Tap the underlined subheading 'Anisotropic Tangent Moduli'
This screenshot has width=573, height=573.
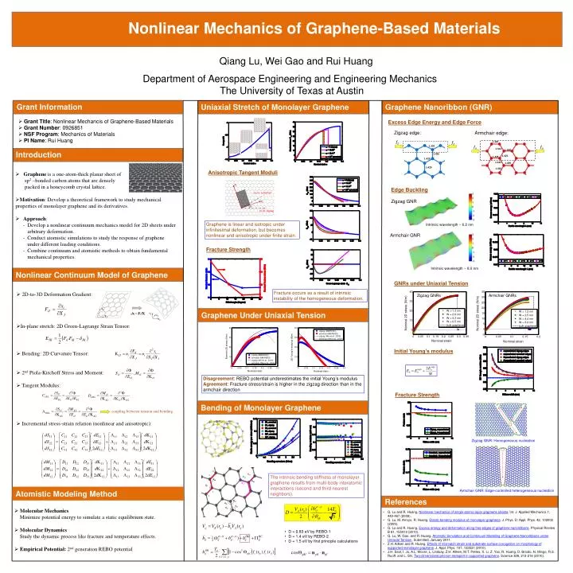tap(242, 173)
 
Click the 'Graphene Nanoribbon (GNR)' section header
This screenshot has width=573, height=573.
tap(438, 107)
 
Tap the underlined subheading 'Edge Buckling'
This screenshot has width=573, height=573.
tap(407, 190)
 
